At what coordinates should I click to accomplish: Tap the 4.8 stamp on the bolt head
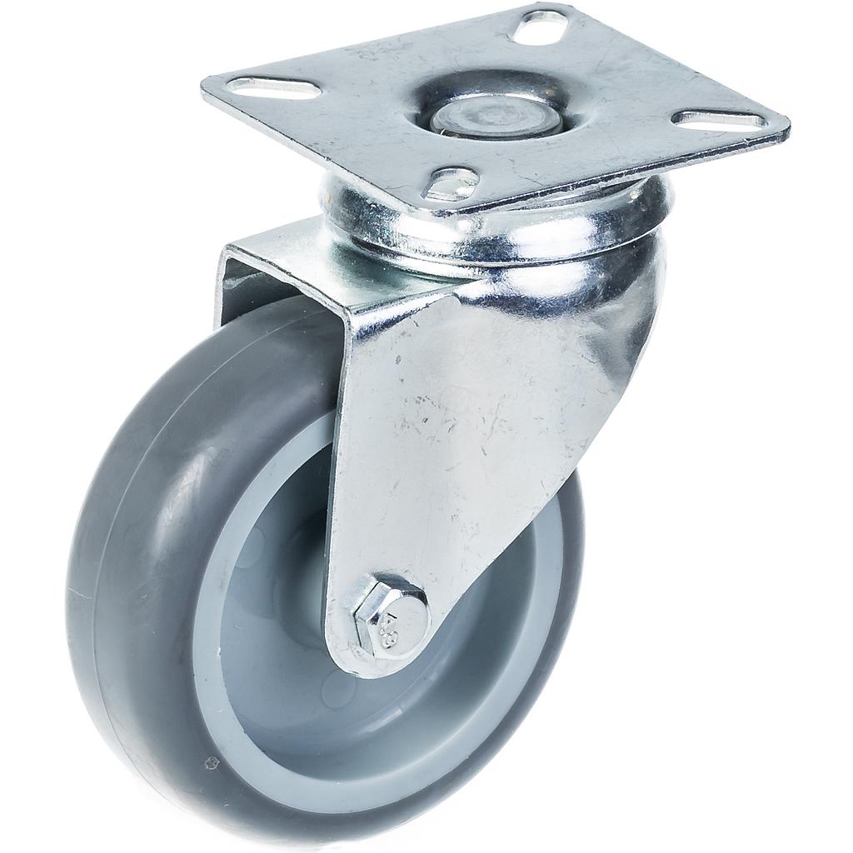point(406,622)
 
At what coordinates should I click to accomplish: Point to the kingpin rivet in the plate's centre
point(495,116)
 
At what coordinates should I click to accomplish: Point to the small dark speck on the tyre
point(210,761)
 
